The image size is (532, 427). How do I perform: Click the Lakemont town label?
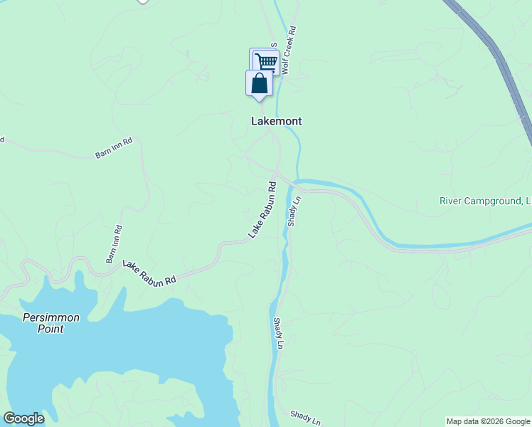(x=277, y=121)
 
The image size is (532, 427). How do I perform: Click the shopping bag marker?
(x=260, y=83)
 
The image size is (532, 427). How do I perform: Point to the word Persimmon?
(x=51, y=317)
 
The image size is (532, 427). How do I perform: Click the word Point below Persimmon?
(x=51, y=329)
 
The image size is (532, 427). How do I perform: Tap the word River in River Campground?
(x=452, y=201)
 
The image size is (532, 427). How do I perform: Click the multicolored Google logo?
(x=23, y=418)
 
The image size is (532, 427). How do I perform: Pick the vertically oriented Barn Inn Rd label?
(x=114, y=244)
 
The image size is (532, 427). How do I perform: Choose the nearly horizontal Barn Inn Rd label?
(x=114, y=147)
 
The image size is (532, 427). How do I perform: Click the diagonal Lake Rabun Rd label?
(x=262, y=210)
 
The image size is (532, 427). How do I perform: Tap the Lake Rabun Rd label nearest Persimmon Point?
(x=149, y=273)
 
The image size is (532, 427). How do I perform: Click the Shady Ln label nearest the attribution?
(x=306, y=417)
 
